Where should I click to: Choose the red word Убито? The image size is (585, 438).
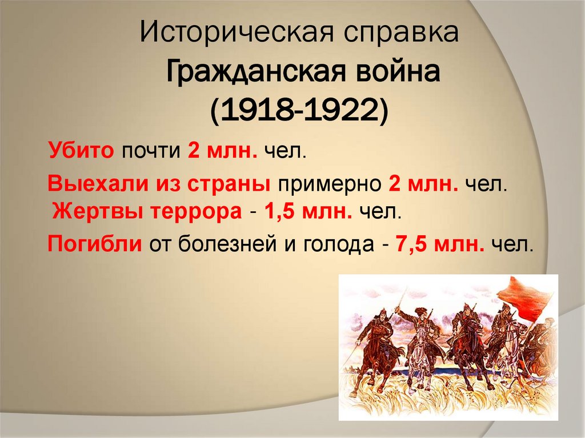click(82, 152)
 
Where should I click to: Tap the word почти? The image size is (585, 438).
click(152, 152)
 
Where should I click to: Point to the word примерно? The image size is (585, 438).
click(330, 184)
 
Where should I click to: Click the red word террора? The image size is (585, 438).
click(200, 212)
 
